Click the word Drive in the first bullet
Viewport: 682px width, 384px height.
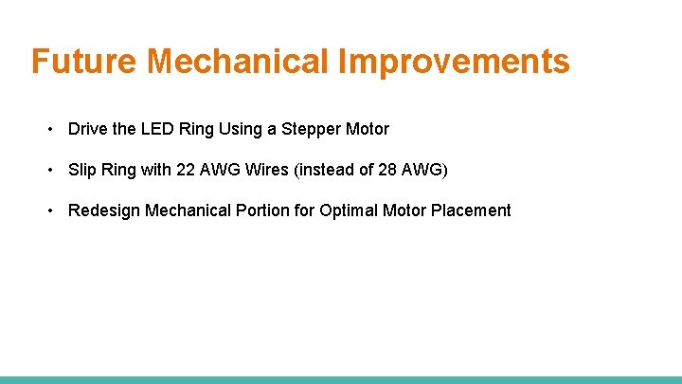pyautogui.click(x=88, y=129)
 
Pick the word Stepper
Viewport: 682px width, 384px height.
pyautogui.click(x=311, y=129)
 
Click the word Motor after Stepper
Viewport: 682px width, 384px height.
pyautogui.click(x=367, y=129)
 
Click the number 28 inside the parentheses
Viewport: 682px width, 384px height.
pyautogui.click(x=386, y=170)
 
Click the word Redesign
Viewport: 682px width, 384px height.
pyautogui.click(x=104, y=210)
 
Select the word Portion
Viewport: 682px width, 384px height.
pyautogui.click(x=262, y=210)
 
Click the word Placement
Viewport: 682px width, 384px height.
pyautogui.click(x=471, y=210)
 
